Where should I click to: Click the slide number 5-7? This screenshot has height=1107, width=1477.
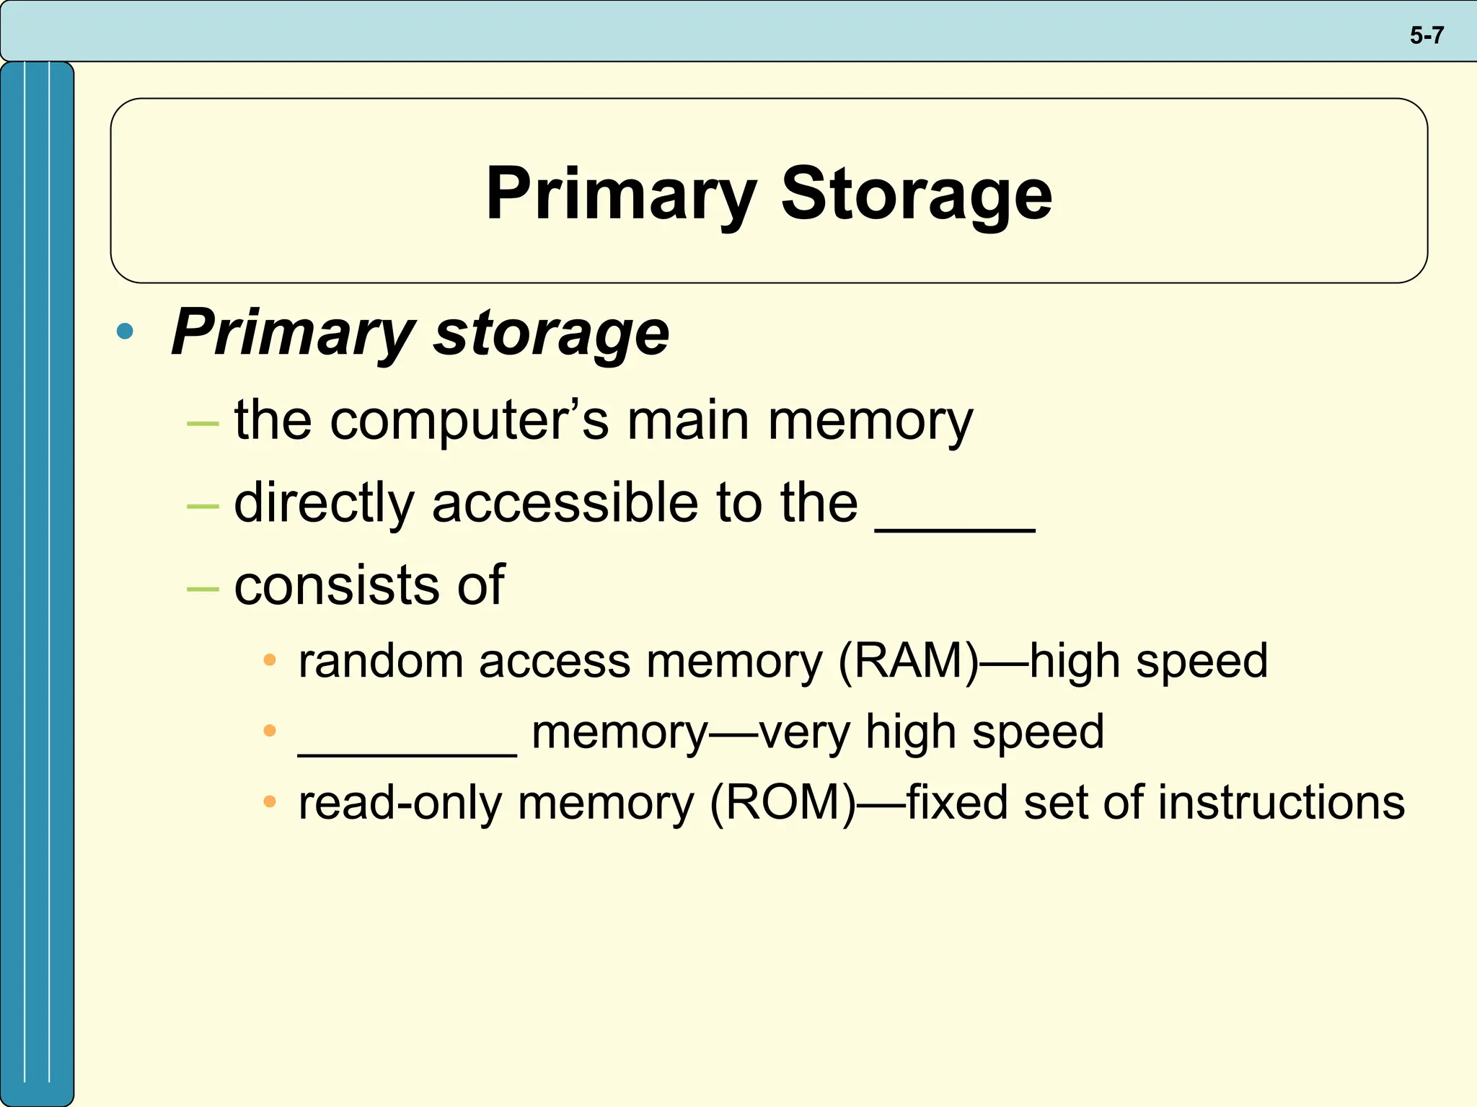[1427, 35]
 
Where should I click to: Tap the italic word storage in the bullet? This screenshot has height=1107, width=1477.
[552, 333]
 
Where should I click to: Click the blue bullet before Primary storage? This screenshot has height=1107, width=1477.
[125, 332]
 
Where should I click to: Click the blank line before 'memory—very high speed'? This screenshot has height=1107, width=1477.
[407, 752]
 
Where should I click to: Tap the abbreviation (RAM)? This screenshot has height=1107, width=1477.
[909, 661]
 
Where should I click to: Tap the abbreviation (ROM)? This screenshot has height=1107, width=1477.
[782, 803]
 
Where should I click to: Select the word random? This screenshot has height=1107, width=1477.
[381, 661]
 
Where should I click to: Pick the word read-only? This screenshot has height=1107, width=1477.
[400, 803]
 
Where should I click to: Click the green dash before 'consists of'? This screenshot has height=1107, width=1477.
[202, 589]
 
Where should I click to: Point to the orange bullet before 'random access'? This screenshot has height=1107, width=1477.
[270, 660]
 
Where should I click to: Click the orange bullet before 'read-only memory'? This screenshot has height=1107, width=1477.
[270, 801]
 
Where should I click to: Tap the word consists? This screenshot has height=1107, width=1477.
[335, 585]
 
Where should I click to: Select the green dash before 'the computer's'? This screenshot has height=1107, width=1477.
[202, 424]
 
